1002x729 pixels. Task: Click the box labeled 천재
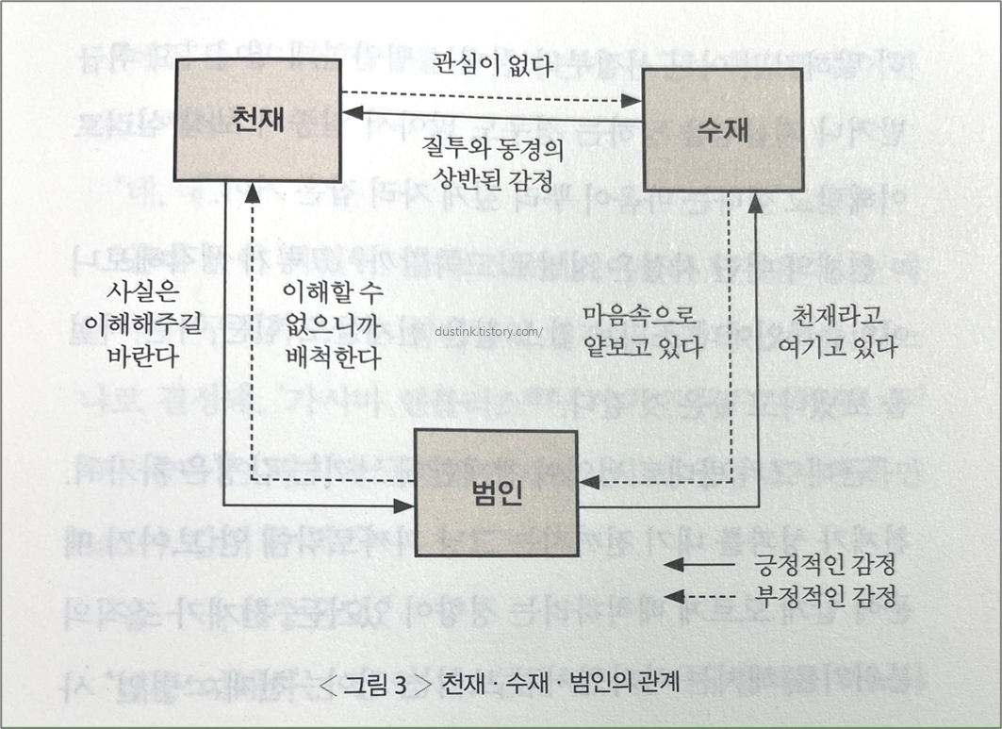(257, 118)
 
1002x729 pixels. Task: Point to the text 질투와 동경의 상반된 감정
(485, 162)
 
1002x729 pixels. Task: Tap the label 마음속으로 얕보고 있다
(642, 331)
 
